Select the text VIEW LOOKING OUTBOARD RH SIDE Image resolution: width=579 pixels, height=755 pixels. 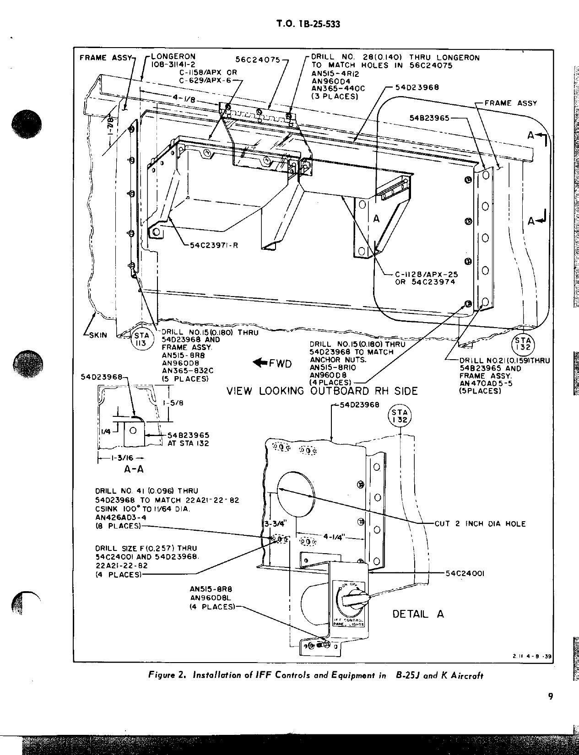tap(322, 391)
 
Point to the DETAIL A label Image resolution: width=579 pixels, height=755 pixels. tap(418, 614)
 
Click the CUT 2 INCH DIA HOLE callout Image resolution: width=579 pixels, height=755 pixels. tap(480, 524)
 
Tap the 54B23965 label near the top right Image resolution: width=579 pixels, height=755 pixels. tap(429, 118)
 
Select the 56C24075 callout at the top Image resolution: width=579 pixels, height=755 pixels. tap(258, 59)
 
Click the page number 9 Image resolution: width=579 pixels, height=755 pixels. tap(550, 697)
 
